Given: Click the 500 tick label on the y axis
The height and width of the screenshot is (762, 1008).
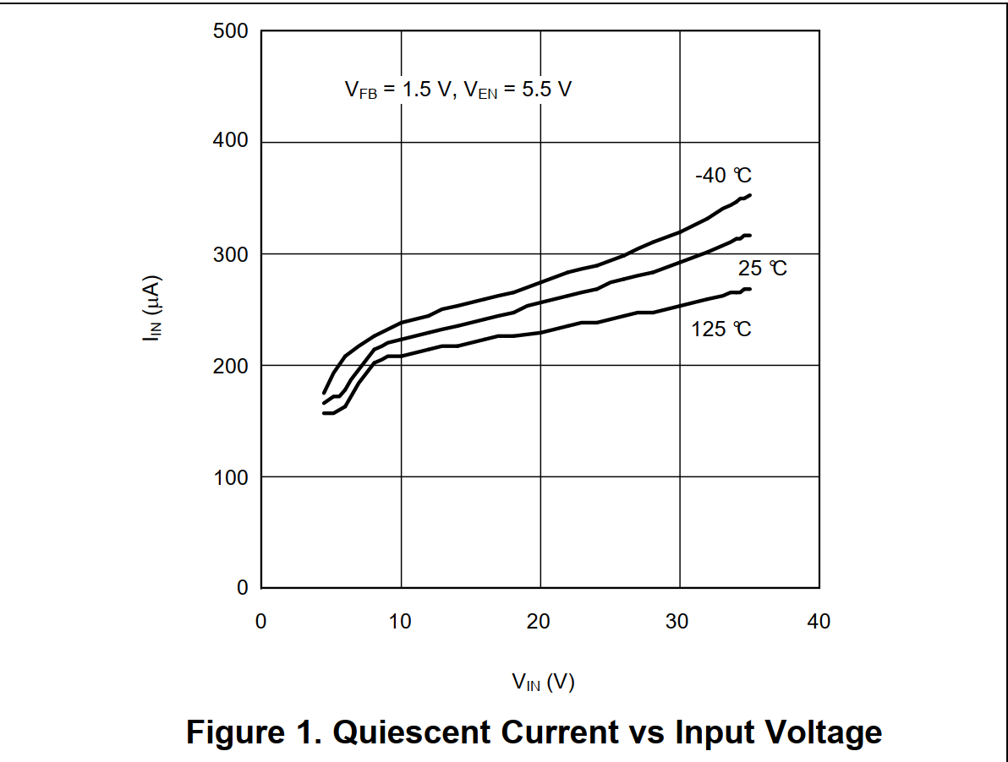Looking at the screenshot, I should pyautogui.click(x=231, y=32).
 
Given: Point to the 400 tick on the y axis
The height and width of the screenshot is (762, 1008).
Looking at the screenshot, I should pyautogui.click(x=231, y=142).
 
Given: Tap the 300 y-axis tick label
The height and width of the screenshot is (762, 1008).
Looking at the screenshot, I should pyautogui.click(x=231, y=253).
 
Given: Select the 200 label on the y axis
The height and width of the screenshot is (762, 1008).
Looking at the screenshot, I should pyautogui.click(x=231, y=365).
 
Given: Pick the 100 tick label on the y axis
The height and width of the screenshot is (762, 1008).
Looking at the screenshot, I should pyautogui.click(x=231, y=476).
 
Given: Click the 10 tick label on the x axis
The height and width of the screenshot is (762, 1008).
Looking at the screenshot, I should pyautogui.click(x=400, y=622).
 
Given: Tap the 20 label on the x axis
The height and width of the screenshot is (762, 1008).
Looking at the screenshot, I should pyautogui.click(x=540, y=622).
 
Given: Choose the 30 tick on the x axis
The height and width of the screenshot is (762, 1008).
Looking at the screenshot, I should pyautogui.click(x=679, y=622).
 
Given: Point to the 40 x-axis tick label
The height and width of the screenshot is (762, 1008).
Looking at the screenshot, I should pyautogui.click(x=819, y=622).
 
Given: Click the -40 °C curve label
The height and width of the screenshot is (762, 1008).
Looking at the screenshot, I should pyautogui.click(x=723, y=176).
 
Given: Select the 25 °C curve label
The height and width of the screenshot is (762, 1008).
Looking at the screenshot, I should pyautogui.click(x=762, y=269).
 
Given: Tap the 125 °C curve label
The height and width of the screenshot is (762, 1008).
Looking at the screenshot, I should pyautogui.click(x=721, y=329).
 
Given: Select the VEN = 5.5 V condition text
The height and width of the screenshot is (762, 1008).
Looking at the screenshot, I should pyautogui.click(x=517, y=90).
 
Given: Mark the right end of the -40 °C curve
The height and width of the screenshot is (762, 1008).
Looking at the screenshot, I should pyautogui.click(x=750, y=195).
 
